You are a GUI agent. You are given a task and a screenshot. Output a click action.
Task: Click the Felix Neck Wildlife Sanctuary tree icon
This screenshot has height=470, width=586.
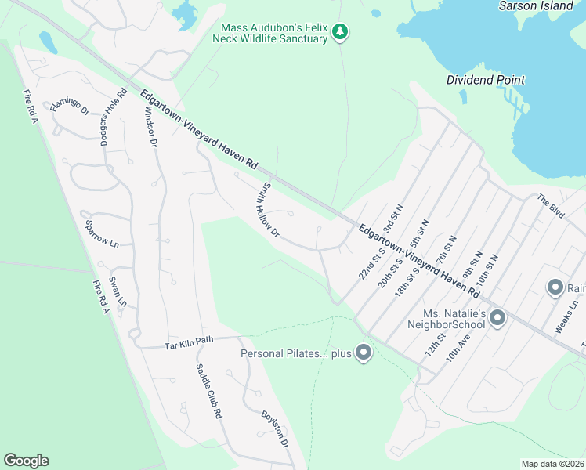coord(339,32)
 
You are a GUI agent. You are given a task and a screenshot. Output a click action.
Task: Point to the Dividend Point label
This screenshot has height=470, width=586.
coord(486,80)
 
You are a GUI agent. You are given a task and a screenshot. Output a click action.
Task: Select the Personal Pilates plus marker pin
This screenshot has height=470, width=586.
coord(363,353)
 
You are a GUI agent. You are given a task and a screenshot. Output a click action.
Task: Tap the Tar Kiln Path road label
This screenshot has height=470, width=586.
coord(189,342)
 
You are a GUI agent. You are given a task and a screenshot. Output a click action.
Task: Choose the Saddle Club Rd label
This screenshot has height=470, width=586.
coord(208,392)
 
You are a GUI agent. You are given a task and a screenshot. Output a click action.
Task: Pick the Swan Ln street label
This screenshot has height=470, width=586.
coord(118,291)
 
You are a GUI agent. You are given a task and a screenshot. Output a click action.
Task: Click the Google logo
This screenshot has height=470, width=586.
coord(26,461)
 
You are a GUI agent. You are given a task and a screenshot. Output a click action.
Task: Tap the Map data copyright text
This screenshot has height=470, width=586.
coord(552,464)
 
